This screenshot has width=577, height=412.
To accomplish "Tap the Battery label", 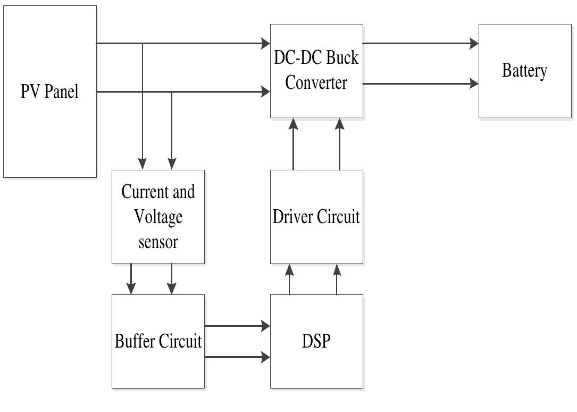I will click(524, 71).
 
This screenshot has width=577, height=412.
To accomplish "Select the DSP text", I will click(316, 341).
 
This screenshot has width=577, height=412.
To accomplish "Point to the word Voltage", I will click(158, 217).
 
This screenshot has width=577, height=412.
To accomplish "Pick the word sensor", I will click(158, 242).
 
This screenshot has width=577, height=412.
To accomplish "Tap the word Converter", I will click(316, 83).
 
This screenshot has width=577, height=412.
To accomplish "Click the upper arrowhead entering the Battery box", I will click(474, 44).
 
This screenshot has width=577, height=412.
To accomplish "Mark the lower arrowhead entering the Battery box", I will click(474, 83).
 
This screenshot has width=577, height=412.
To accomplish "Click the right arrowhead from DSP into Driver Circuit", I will click(337, 269).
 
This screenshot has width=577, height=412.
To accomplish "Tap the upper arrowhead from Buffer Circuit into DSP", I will click(265, 326).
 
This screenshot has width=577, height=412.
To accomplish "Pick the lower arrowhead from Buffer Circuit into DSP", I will click(265, 357).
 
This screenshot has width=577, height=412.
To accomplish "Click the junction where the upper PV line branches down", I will click(142, 44).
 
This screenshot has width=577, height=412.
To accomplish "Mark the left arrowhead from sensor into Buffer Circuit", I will click(131, 289).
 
